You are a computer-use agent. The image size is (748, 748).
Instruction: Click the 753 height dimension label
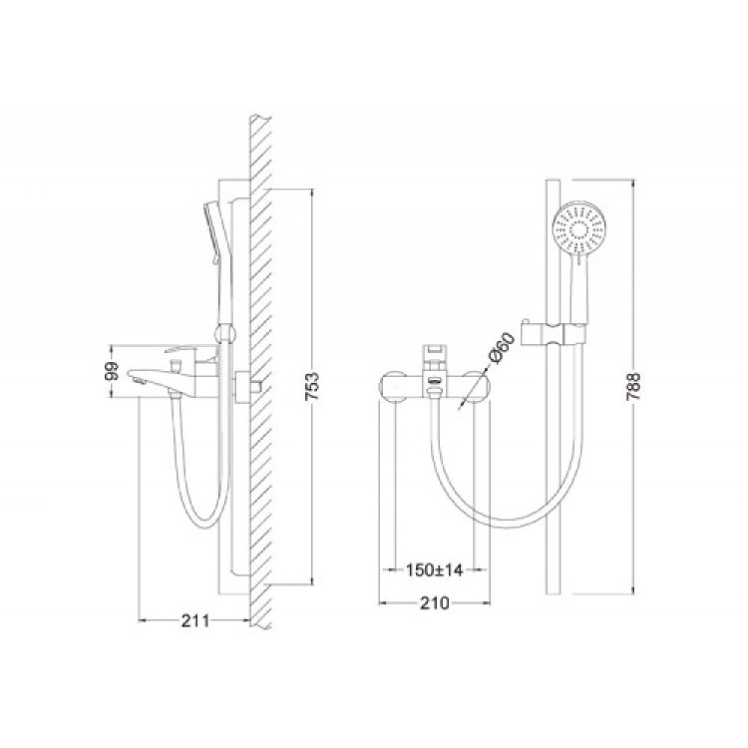click(312, 387)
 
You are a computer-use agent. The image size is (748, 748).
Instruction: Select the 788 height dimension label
click(633, 387)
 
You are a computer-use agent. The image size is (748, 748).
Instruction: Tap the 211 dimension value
click(195, 620)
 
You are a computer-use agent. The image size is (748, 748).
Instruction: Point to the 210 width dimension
click(435, 603)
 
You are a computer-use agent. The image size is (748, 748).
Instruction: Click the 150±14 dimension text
click(435, 569)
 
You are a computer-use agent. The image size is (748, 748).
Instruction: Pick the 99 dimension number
click(111, 372)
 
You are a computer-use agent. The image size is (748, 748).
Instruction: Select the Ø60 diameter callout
click(502, 348)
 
